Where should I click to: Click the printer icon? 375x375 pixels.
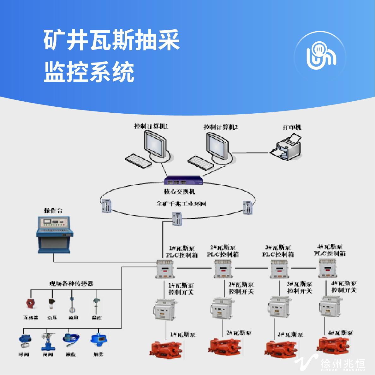(x=286, y=146)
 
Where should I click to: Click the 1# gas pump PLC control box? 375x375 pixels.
(x=165, y=269)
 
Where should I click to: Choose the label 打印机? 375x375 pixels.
(x=292, y=127)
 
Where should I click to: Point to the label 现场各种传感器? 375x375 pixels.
(x=71, y=283)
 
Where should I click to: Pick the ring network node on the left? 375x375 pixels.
(x=105, y=206)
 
